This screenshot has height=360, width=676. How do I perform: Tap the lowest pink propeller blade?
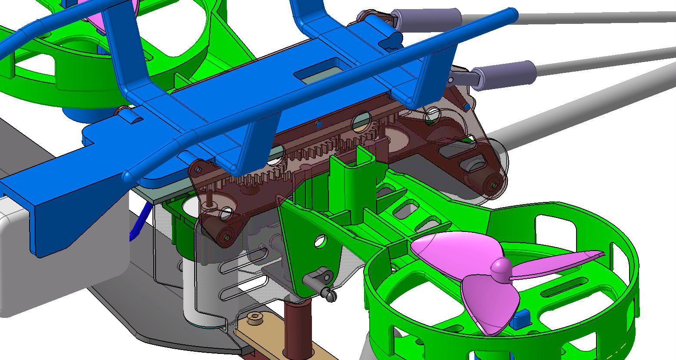(x=491, y=304)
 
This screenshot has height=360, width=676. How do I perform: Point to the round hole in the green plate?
(x=321, y=241)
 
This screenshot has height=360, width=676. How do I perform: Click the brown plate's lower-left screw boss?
(x=226, y=237)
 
